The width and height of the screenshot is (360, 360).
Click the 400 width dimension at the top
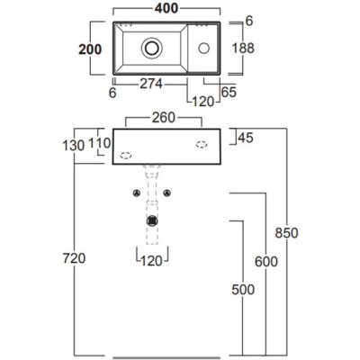tap(166, 8)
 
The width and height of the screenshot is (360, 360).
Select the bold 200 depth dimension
tap(90, 49)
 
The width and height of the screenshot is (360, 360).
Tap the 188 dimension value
tap(243, 48)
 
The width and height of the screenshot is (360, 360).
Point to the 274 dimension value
tap(151, 84)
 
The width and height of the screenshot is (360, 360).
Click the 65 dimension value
tap(229, 92)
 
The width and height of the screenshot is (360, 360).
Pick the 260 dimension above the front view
tap(163, 118)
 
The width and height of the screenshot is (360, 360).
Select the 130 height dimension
tap(74, 146)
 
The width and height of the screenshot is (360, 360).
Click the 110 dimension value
tap(100, 143)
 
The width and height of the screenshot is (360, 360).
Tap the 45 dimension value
tap(246, 138)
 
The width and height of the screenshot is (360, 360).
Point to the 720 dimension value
tap(74, 258)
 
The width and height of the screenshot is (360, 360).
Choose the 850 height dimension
tap(287, 233)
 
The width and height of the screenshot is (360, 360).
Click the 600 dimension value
tap(266, 262)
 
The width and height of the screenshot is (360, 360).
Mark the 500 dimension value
tap(243, 290)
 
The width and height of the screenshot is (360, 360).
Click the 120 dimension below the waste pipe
tap(151, 261)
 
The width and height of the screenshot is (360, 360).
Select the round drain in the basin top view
tap(152, 48)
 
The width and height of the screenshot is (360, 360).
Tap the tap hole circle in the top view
tap(203, 48)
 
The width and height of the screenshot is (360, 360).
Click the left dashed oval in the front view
tap(126, 156)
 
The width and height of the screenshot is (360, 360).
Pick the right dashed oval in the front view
tap(202, 145)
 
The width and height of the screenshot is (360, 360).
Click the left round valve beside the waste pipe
tap(137, 193)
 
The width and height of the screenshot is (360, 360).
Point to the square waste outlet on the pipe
tap(152, 220)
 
